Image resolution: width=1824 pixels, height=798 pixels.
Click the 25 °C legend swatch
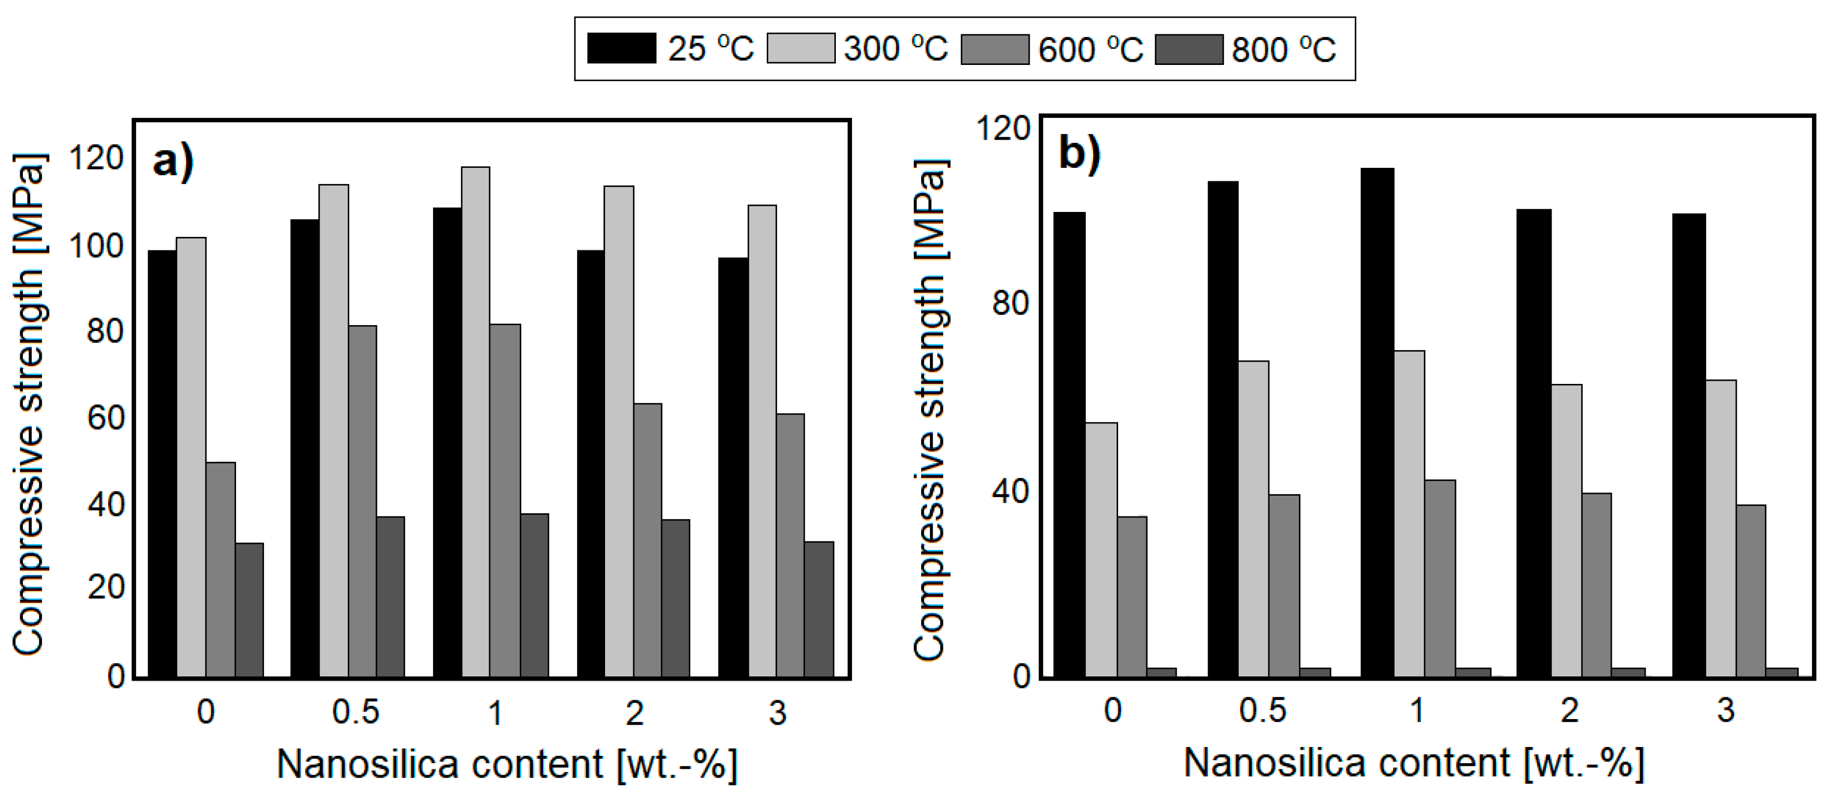coord(621,49)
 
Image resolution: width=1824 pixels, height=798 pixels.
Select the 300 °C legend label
coord(896,49)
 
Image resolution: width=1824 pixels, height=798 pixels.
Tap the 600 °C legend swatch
coord(994,49)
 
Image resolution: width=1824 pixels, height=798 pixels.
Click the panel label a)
coord(173,162)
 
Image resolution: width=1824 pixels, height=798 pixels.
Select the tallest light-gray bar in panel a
coord(475,422)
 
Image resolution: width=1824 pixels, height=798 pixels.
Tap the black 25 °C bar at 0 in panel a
coord(162,463)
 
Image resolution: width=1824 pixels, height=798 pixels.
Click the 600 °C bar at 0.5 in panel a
coord(362,501)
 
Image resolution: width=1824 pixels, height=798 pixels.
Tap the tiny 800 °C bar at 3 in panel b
coord(1781,672)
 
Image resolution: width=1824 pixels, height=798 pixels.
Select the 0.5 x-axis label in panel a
coord(356,712)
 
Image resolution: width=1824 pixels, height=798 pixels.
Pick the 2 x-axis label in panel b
coord(1570,710)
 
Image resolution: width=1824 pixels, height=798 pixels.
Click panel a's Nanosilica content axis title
coord(506,764)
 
